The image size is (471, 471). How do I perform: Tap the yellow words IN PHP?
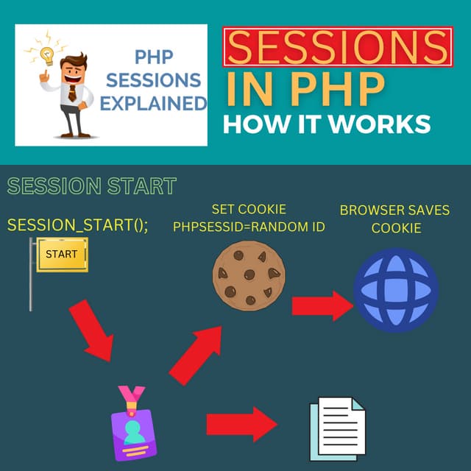pos(305,89)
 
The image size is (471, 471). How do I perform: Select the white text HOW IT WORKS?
pos(327,124)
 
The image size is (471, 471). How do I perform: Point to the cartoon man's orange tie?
pos(72,92)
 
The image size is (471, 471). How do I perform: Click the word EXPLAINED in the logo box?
pos(153,104)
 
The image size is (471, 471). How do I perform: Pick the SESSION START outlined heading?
pos(92,186)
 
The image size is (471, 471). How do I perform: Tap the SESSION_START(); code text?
pos(78,224)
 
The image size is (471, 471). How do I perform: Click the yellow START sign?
pos(61,255)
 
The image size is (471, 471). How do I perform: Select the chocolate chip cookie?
pos(248,275)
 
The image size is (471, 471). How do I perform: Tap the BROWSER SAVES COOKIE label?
pos(394,219)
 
